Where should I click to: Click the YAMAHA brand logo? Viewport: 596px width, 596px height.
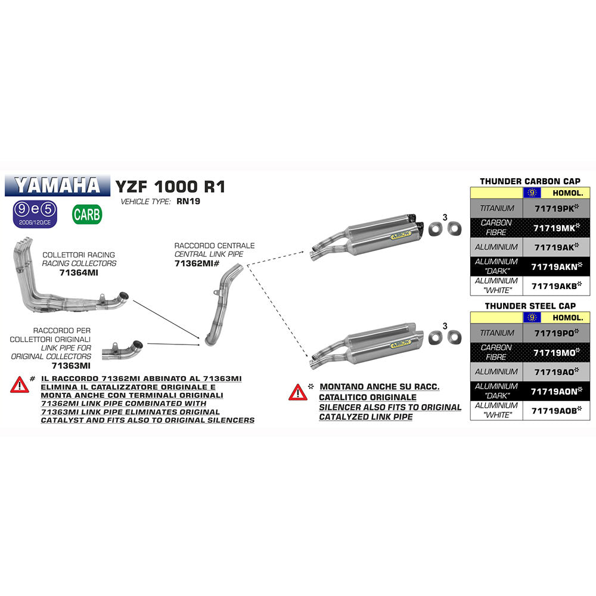click(57, 185)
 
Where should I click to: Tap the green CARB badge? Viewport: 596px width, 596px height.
click(87, 215)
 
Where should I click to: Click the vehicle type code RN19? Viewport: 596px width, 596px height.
click(188, 201)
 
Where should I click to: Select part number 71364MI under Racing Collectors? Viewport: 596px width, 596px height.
click(79, 272)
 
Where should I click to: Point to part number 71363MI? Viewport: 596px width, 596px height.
click(71, 365)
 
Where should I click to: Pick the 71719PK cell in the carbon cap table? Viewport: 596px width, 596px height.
click(556, 209)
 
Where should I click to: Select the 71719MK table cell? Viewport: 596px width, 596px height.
click(556, 228)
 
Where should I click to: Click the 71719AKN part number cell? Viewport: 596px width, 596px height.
click(556, 266)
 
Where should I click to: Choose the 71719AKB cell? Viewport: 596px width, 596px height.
click(556, 286)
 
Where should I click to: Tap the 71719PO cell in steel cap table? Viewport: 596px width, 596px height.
click(556, 333)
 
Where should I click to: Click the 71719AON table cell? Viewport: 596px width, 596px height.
click(556, 391)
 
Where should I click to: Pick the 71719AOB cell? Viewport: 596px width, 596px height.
click(556, 411)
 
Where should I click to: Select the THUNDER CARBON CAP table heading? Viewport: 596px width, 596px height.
click(530, 181)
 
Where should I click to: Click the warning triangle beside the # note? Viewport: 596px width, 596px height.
click(19, 384)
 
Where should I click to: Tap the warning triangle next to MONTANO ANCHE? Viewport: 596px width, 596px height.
click(298, 392)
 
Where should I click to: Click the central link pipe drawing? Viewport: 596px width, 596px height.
click(222, 307)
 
